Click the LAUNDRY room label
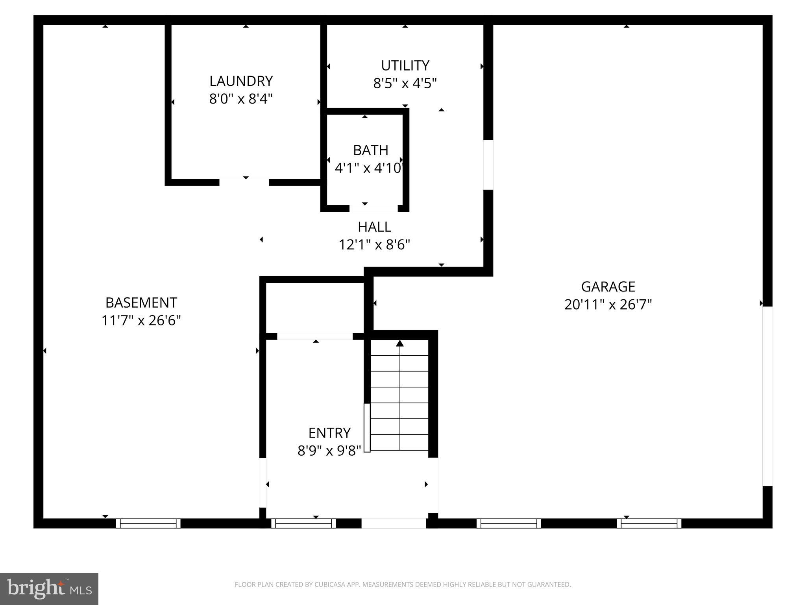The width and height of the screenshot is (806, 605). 241,81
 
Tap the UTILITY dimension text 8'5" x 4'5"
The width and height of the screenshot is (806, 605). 405,84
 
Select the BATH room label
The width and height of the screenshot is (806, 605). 370,150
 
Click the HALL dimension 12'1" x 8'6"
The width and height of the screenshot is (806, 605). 374,245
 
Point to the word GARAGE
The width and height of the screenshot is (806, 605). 608,287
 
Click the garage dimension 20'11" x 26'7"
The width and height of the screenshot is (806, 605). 608,305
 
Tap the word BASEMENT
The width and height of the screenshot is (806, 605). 141,302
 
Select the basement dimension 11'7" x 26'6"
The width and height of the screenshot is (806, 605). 141,321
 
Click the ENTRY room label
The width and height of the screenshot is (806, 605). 329,433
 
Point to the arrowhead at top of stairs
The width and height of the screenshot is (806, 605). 400,343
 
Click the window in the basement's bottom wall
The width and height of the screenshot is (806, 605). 148,523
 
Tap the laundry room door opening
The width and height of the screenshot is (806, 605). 244,182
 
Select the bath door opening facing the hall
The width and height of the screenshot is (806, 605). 373,208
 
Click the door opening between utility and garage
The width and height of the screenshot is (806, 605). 488,165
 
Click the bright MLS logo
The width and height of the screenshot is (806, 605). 49,588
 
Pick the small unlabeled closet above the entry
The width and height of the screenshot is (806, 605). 314,308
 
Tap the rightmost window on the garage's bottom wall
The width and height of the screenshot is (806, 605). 649,523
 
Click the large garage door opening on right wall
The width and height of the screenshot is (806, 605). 767,396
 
